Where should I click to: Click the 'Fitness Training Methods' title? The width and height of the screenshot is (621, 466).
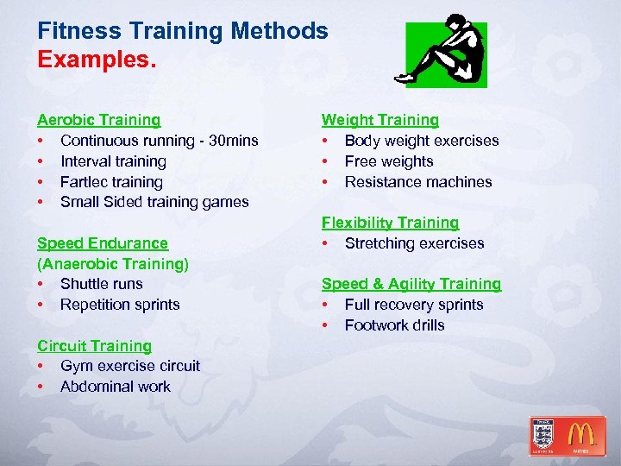point(183,31)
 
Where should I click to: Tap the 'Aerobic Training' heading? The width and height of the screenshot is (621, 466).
point(98,120)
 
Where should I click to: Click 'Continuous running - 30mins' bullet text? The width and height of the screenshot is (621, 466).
point(159,141)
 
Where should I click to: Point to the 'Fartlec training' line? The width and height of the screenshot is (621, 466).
point(111,182)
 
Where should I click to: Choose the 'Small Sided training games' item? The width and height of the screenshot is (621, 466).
point(154,202)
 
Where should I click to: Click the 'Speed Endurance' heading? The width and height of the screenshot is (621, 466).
point(102,243)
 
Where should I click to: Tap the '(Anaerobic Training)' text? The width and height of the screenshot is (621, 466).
point(113,263)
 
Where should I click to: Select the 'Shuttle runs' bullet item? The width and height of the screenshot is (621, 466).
point(102,284)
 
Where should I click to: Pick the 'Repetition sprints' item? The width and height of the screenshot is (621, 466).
point(120,305)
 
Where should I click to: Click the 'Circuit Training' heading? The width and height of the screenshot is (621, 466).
point(94,345)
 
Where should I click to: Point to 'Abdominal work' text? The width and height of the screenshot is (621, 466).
point(116,387)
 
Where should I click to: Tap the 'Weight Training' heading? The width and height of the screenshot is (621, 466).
point(380,120)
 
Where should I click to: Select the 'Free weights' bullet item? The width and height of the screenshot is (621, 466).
point(389,161)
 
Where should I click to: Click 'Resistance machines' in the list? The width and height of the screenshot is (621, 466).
point(418,182)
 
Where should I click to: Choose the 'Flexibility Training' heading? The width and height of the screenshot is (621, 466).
point(391,223)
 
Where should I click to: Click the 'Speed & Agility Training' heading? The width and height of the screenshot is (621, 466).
point(411,284)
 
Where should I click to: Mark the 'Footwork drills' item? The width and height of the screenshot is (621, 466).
point(395,325)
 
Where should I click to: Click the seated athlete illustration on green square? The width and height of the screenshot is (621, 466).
point(446,53)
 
